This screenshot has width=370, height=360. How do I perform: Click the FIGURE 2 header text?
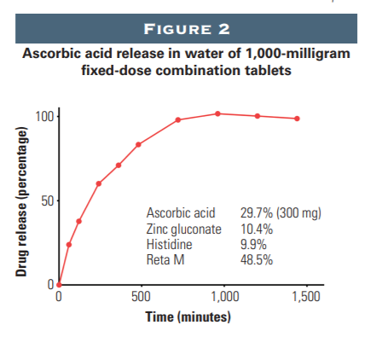pyautogui.click(x=185, y=29)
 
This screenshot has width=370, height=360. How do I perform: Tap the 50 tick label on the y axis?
pyautogui.click(x=49, y=200)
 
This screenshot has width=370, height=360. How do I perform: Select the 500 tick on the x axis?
pyautogui.click(x=141, y=298)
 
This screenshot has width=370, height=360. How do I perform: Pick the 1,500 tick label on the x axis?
pyautogui.click(x=305, y=298)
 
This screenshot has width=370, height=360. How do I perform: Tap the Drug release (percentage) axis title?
pyautogui.click(x=16, y=201)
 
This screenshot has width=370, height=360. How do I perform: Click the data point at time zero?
pyautogui.click(x=59, y=284)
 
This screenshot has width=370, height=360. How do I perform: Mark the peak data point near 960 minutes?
pyautogui.click(x=217, y=113)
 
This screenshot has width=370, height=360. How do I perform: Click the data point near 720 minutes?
pyautogui.click(x=177, y=119)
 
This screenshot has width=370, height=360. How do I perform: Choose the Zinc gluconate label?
pyautogui.click(x=183, y=229)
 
